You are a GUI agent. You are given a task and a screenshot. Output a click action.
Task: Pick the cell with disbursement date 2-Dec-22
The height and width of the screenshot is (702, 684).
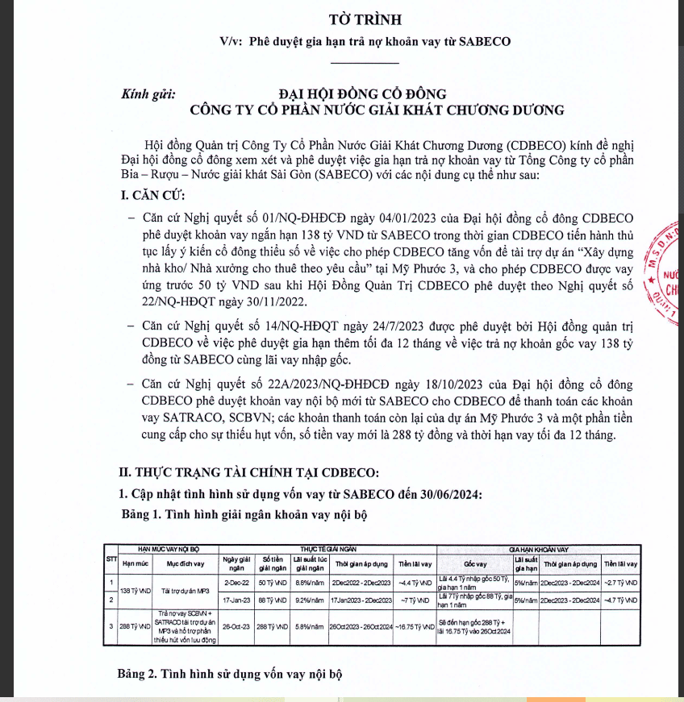[237, 581]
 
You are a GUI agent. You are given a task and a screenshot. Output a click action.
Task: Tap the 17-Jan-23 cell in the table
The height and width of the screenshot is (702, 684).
[237, 600]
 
